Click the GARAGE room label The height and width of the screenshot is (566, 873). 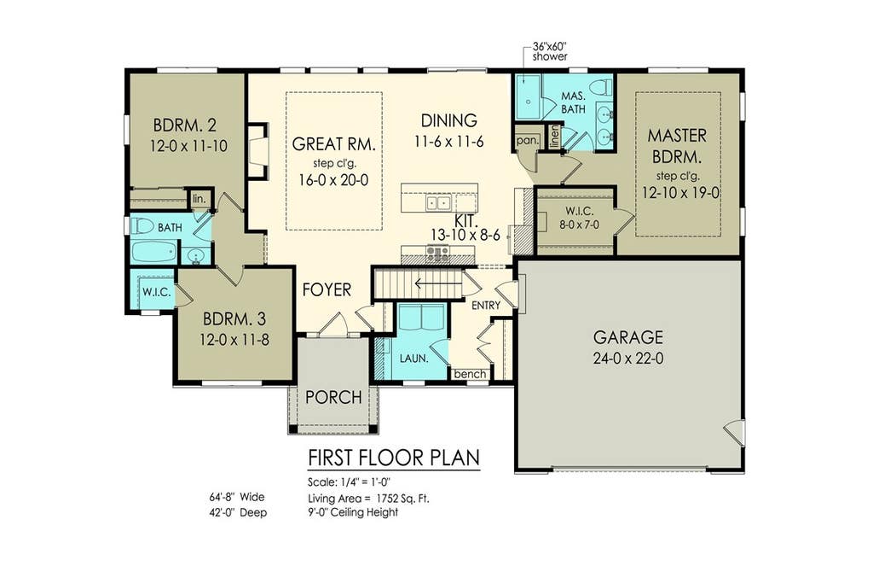tap(628, 337)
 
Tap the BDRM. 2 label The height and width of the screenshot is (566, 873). tap(185, 125)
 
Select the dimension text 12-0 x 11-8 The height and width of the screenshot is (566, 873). tap(234, 339)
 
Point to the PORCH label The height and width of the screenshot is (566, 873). tap(333, 397)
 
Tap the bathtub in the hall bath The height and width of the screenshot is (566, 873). tap(154, 252)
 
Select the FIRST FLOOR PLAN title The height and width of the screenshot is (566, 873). tap(394, 458)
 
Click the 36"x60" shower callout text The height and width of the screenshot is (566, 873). tap(550, 51)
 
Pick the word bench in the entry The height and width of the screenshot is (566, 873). tap(470, 374)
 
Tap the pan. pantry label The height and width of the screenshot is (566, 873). tap(527, 141)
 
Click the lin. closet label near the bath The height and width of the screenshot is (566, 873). tap(199, 199)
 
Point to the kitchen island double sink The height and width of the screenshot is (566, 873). tap(439, 202)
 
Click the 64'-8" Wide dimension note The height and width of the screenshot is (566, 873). tap(237, 497)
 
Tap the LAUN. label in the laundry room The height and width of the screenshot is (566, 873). tap(413, 359)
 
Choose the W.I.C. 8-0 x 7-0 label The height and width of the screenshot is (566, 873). tap(579, 218)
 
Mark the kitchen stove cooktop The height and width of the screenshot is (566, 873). tap(437, 254)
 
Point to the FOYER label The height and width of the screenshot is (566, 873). tap(327, 290)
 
